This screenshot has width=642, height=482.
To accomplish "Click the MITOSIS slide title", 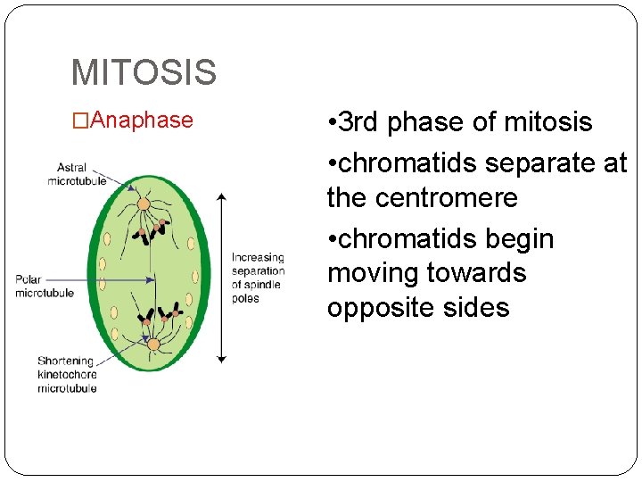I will [x=144, y=72].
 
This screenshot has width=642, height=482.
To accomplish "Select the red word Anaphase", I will [x=142, y=120].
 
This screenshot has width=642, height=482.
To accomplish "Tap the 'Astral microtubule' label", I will [x=77, y=174].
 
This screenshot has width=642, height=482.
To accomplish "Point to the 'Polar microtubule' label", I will [x=44, y=287].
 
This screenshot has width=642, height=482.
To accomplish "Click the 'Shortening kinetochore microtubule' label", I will [x=67, y=375].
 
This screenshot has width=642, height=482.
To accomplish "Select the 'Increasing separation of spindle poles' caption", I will [x=258, y=278].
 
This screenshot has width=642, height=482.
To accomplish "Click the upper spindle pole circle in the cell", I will [x=144, y=204].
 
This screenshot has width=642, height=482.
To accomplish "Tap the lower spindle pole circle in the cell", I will [x=153, y=345].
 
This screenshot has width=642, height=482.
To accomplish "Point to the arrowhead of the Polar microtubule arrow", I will [x=151, y=279].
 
